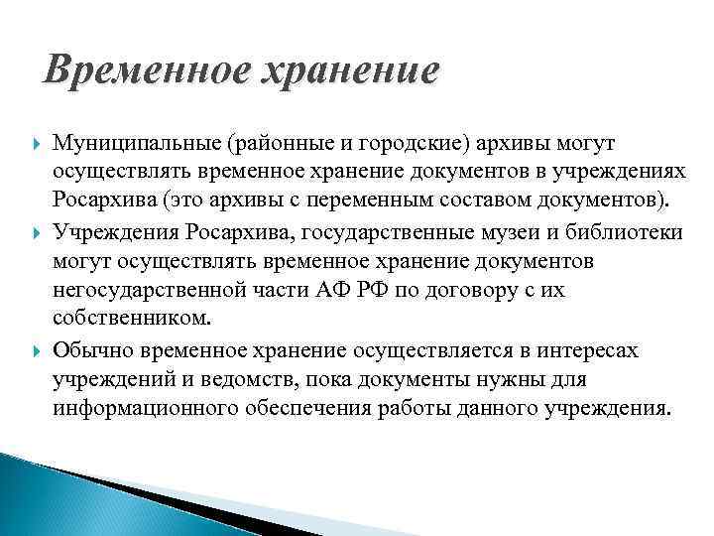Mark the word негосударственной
[x=151, y=292]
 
